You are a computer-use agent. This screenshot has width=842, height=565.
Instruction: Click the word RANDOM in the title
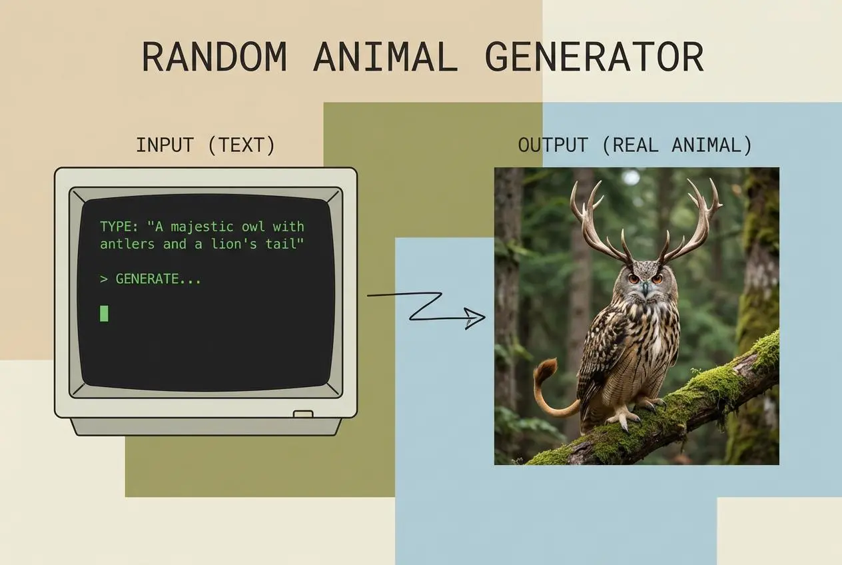pyautogui.click(x=214, y=57)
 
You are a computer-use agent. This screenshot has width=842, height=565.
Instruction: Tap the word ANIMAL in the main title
pyautogui.click(x=386, y=57)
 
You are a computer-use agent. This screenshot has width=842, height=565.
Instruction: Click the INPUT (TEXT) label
pyautogui.click(x=205, y=145)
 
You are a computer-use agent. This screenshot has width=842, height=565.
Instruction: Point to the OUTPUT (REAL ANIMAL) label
pyautogui.click(x=635, y=145)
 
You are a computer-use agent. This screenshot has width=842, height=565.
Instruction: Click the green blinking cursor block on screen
pyautogui.click(x=104, y=312)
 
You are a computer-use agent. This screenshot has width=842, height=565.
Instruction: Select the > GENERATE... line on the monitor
pyautogui.click(x=151, y=279)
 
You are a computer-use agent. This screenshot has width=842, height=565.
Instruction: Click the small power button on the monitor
pyautogui.click(x=303, y=414)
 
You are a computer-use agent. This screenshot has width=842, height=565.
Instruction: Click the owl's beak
pyautogui.click(x=644, y=288)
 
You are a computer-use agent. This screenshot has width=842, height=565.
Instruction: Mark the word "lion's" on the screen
pyautogui.click(x=224, y=244)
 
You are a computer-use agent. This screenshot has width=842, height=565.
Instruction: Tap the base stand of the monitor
pyautogui.click(x=207, y=426)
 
